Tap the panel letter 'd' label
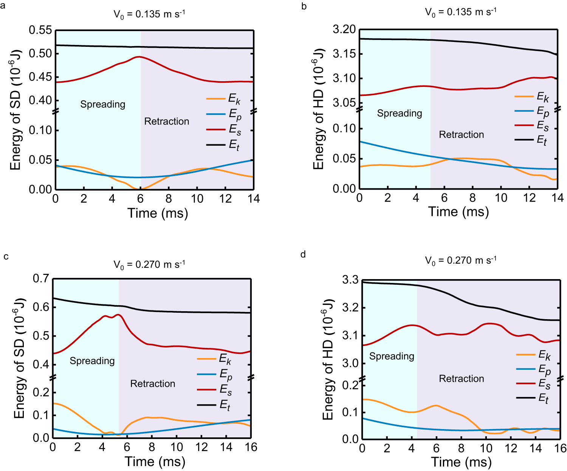click(303, 255)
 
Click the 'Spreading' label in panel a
click(102, 104)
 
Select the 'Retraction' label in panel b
click(461, 134)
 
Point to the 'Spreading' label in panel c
click(92, 361)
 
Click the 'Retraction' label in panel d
click(461, 378)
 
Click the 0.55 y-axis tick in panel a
click(40, 30)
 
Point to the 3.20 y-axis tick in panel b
click(344, 29)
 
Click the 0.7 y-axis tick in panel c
click(41, 279)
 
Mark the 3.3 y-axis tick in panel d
click(350, 280)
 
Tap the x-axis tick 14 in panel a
click(254, 199)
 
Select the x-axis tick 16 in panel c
click(251, 447)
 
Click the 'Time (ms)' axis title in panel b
click(458, 212)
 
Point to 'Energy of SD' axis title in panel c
click(19, 358)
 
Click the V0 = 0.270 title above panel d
click(461, 260)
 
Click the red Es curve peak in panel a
click(139, 57)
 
